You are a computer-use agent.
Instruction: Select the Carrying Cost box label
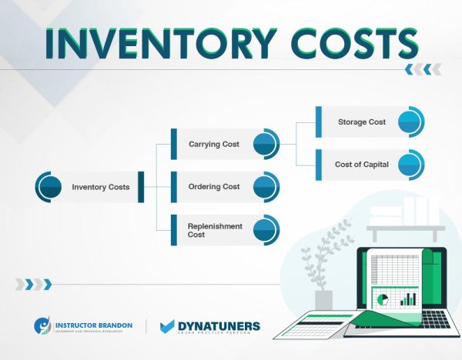[213, 144]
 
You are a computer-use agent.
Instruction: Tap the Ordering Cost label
[213, 186]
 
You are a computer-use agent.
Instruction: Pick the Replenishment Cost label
[215, 230]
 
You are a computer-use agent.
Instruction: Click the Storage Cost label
[362, 122]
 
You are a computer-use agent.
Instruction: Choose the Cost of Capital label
[361, 165]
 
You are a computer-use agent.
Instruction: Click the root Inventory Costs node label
[100, 187]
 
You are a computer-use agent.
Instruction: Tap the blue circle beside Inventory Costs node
[49, 187]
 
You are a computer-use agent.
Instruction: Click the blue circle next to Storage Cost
[410, 122]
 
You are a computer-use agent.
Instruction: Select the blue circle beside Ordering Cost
[265, 186]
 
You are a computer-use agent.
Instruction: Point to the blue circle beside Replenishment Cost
[265, 229]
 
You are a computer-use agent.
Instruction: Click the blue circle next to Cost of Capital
[410, 165]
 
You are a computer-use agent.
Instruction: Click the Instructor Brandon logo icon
[44, 327]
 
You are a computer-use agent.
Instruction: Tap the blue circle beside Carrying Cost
[265, 144]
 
